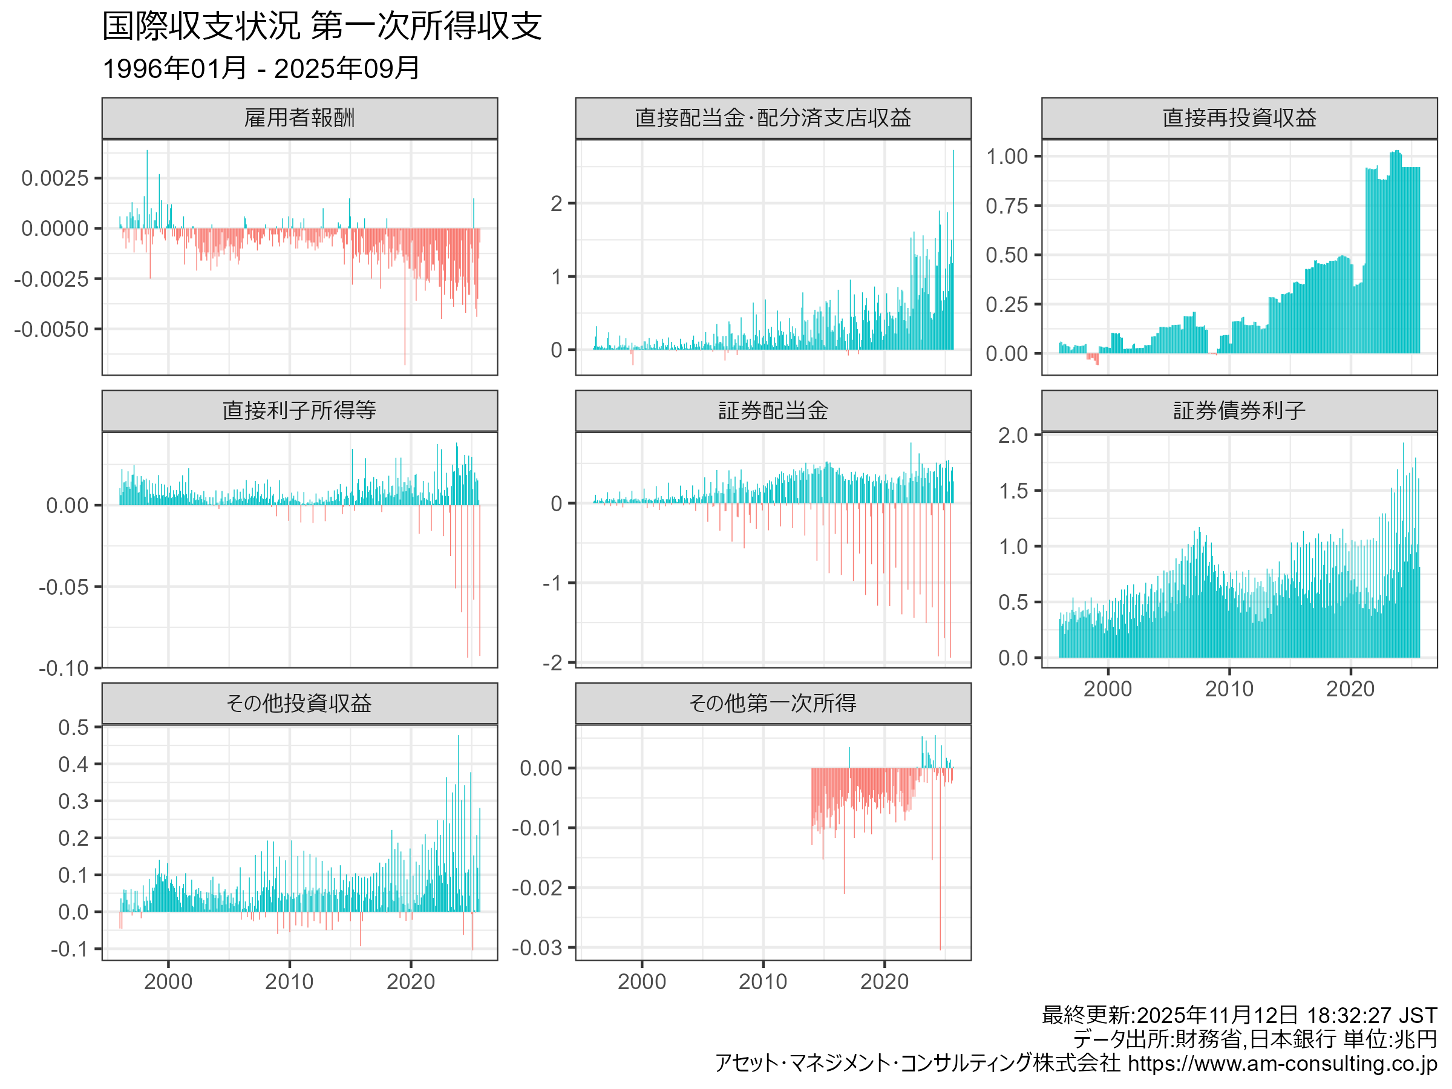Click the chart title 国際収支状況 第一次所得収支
322,26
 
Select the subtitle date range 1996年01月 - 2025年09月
261,68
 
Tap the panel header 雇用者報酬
299,118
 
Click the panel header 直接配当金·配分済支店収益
773,118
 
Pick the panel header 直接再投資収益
1238,118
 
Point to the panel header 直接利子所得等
299,411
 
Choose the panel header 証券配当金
773,411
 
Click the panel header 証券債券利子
1238,411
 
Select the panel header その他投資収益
299,704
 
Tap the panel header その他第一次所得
773,704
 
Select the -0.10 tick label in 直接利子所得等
64,669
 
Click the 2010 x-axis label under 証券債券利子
1229,689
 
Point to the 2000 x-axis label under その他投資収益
168,982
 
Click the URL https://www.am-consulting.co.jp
1282,1064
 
